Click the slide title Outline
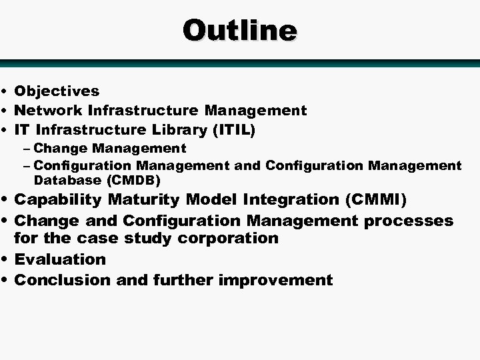[x=240, y=30]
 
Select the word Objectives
[x=57, y=91]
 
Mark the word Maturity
[x=141, y=200]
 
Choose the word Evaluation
[x=60, y=259]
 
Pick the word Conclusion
[x=63, y=280]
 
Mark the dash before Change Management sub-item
[x=27, y=149]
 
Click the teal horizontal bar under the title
[x=240, y=63]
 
